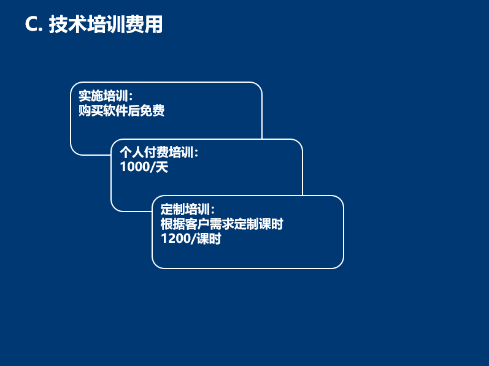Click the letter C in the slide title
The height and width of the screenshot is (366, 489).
pos(32,24)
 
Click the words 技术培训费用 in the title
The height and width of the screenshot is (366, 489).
pos(106,24)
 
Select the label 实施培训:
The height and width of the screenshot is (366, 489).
pos(106,96)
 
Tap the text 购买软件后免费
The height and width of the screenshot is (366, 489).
pos(121,110)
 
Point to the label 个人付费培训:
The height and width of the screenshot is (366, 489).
pos(159,153)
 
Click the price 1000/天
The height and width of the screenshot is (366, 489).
pos(144,167)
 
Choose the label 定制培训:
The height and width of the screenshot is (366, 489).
pos(187,209)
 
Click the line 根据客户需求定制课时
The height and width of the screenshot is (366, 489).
pos(221,224)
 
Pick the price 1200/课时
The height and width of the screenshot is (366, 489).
pos(191,238)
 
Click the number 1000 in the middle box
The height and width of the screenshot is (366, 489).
pos(135,167)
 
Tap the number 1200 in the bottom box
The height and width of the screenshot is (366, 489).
pos(175,238)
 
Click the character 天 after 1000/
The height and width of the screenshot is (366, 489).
pos(162,167)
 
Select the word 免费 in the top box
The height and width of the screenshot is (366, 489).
pos(152,110)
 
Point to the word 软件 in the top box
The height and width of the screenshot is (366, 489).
pos(115,110)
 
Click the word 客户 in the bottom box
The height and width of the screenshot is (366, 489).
pos(198,224)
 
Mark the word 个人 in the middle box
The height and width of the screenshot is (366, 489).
pos(132,153)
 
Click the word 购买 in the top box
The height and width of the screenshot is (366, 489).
pos(91,110)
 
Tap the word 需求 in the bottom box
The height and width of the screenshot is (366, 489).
pos(221,224)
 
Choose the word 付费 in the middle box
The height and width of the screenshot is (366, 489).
pos(156,153)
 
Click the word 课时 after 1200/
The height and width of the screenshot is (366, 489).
pos(209,238)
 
